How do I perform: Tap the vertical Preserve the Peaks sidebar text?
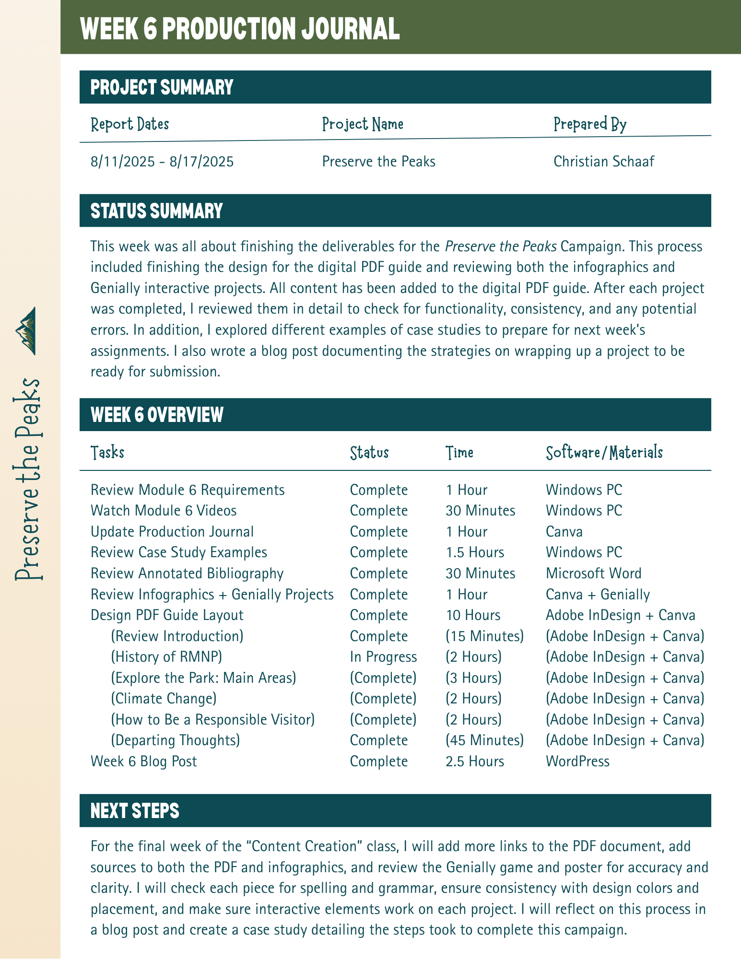click(28, 479)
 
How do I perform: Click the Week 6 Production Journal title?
click(240, 29)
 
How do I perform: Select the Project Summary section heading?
click(162, 87)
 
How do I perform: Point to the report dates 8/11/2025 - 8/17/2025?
click(162, 162)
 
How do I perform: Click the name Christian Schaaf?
click(604, 162)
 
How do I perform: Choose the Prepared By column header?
click(590, 124)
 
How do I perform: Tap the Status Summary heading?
click(157, 211)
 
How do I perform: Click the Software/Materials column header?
click(604, 452)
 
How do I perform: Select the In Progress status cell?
click(383, 657)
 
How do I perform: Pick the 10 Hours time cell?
click(473, 615)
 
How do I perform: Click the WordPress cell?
click(577, 761)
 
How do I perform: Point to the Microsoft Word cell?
click(593, 573)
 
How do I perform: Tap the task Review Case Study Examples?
click(179, 552)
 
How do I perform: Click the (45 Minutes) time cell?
click(484, 740)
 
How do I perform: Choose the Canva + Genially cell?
click(598, 595)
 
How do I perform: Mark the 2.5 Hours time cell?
click(475, 761)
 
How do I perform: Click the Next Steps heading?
click(135, 811)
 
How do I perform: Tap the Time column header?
click(459, 452)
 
